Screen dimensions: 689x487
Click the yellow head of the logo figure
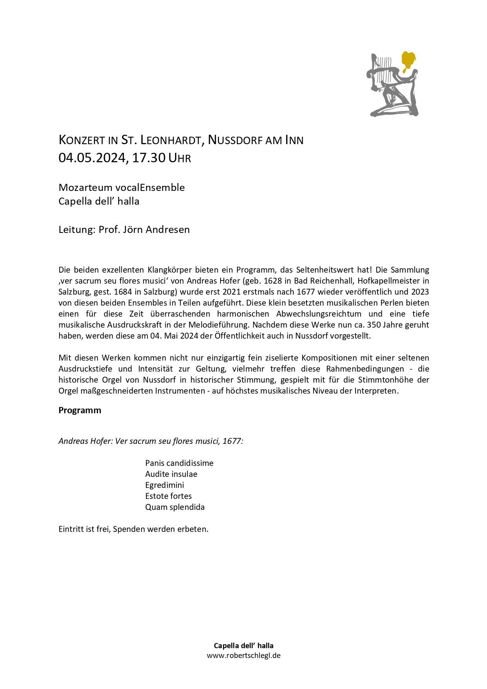408,60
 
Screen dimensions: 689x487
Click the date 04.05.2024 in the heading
92,158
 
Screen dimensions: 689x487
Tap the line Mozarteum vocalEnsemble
122,187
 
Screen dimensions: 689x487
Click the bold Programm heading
80,410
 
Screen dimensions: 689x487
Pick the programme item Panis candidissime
179,463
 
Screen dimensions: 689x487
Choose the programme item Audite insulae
171,474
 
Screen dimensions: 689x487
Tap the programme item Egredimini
164,485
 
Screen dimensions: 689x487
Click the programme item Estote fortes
168,496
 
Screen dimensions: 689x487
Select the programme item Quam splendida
175,507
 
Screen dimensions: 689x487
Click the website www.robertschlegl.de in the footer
244,655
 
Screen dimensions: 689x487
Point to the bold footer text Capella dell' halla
244,645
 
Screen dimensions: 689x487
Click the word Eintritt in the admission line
70,529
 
